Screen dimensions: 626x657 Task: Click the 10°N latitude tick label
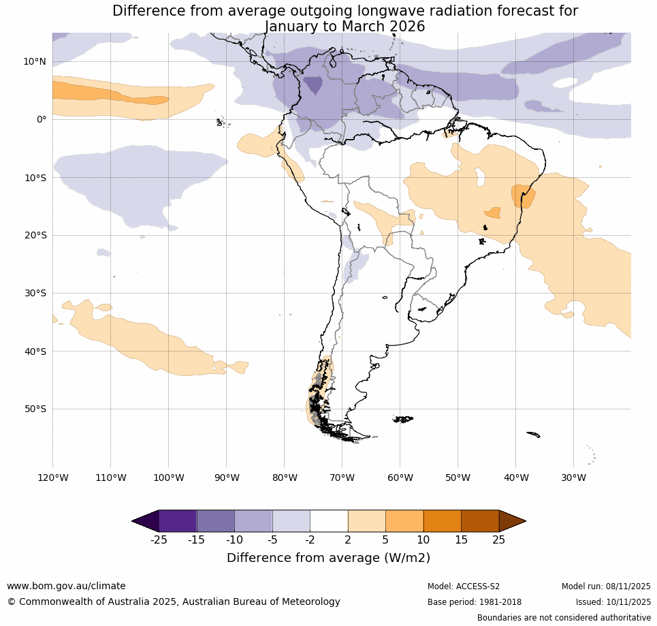pyautogui.click(x=34, y=62)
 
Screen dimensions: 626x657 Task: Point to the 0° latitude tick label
pyautogui.click(x=42, y=120)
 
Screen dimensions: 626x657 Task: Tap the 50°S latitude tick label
pyautogui.click(x=34, y=409)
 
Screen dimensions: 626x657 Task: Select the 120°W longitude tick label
pyautogui.click(x=52, y=478)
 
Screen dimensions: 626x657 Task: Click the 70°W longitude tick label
pyautogui.click(x=342, y=478)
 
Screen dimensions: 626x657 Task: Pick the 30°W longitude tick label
pyautogui.click(x=573, y=478)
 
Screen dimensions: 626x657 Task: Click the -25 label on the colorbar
pyautogui.click(x=159, y=540)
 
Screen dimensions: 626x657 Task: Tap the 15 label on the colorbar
pyautogui.click(x=461, y=540)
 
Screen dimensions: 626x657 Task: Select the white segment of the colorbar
pyautogui.click(x=329, y=521)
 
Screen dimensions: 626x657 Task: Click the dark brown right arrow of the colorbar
pyautogui.click(x=511, y=521)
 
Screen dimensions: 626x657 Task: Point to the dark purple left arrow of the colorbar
pyautogui.click(x=147, y=521)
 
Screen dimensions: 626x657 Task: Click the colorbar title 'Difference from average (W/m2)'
pyautogui.click(x=328, y=558)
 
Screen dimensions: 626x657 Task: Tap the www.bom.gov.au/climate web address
pyautogui.click(x=66, y=586)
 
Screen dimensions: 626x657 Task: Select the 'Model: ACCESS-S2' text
pyautogui.click(x=464, y=586)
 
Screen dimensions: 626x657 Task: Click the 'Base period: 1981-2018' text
pyautogui.click(x=474, y=602)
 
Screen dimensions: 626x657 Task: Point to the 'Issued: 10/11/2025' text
pyautogui.click(x=613, y=602)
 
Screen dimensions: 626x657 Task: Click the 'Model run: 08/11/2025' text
pyautogui.click(x=606, y=586)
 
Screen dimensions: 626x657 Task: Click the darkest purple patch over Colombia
pyautogui.click(x=313, y=85)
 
